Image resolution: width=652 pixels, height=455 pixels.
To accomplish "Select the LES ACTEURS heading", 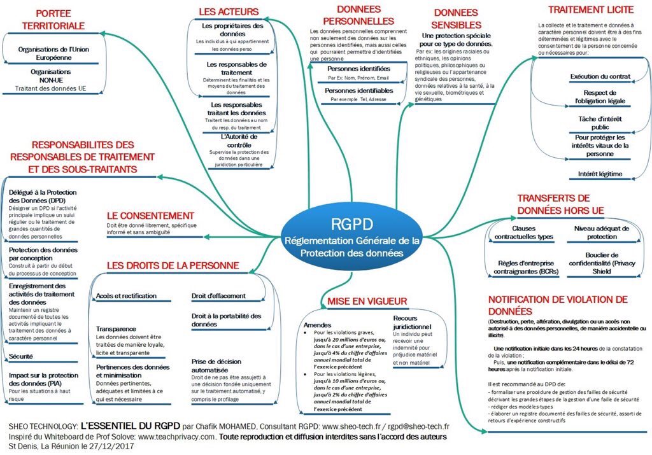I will (229, 11).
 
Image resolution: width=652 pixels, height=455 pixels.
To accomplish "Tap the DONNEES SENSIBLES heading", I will (456, 18).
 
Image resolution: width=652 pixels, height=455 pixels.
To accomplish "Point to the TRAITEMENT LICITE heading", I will (591, 10).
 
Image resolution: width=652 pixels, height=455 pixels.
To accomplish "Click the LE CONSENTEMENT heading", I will (150, 216).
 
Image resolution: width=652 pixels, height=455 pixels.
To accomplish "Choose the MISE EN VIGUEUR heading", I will (367, 300).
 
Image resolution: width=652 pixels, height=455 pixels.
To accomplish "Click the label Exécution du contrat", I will (600, 76).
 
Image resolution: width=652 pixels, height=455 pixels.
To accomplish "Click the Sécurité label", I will (21, 356).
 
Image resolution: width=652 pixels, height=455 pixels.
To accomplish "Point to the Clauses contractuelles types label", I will (523, 232).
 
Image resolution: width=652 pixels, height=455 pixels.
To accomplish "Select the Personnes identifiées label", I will (358, 68).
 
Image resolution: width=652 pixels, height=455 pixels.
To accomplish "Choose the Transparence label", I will (117, 329).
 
